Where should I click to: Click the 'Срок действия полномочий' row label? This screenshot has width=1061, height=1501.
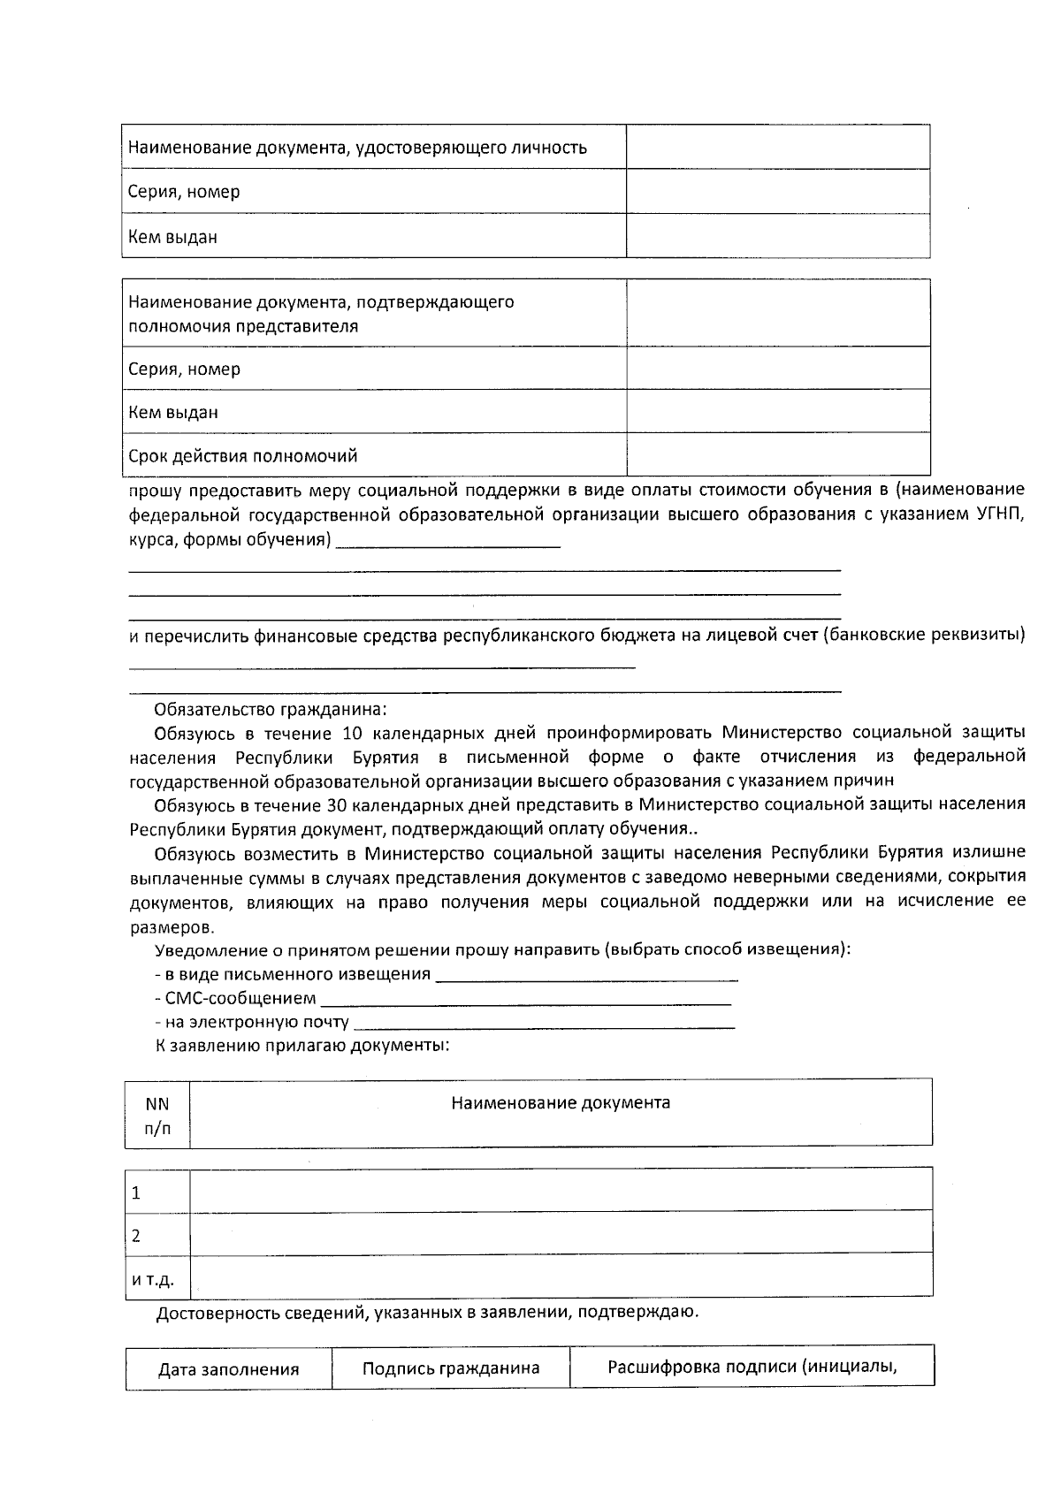(x=242, y=456)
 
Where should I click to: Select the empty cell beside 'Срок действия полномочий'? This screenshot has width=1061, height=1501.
(x=777, y=454)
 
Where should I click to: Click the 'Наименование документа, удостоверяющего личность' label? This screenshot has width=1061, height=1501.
(x=357, y=148)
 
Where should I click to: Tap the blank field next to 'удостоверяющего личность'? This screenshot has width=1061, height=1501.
(x=777, y=147)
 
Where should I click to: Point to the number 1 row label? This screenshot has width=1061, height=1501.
(x=136, y=1192)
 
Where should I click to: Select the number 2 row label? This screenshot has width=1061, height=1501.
(x=136, y=1235)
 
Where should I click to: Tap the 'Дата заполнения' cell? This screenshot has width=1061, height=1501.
(x=228, y=1369)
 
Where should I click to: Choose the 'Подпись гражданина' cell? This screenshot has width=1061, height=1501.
(x=450, y=1368)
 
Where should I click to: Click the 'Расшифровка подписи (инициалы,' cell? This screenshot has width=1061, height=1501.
(x=752, y=1367)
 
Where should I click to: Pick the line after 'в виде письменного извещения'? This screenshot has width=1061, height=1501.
(x=587, y=977)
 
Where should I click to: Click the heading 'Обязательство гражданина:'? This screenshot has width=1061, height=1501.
(x=271, y=709)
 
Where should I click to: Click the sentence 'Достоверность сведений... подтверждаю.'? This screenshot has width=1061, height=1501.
(x=427, y=1312)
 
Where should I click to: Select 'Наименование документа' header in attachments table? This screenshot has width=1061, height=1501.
(x=560, y=1103)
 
